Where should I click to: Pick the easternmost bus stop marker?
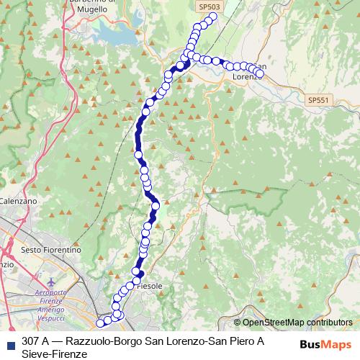point(260,73)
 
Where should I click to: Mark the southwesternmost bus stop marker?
point(101,323)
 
